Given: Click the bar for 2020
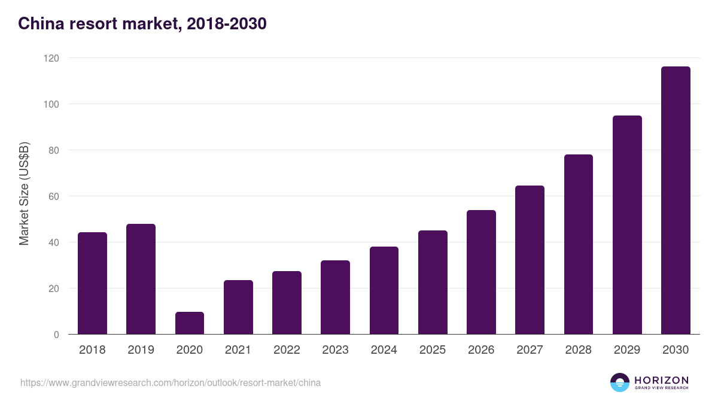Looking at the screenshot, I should pos(190,323).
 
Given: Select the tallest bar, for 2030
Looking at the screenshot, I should pos(676,201).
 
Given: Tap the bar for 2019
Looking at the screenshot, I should pos(141,279).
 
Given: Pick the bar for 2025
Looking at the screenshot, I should pos(433,283).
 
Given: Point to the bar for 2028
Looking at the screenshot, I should pos(579,244).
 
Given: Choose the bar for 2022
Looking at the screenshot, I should pos(287,303).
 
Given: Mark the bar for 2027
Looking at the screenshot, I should pos(530,260).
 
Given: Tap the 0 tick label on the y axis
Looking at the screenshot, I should pos(56,335).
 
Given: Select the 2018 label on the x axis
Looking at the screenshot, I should pos(92,350).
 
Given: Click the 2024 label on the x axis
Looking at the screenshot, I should pos(384,350).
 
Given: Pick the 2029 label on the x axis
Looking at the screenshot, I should pos(627,350).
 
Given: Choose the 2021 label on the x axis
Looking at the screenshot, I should pos(238,350).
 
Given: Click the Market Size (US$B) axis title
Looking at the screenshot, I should pos(24,193).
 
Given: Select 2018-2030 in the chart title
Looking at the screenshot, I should pos(227,24).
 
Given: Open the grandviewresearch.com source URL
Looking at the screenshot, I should pos(171,382).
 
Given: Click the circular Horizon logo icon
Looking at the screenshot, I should pos(620,382).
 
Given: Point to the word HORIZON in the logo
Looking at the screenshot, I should pos(661,380).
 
